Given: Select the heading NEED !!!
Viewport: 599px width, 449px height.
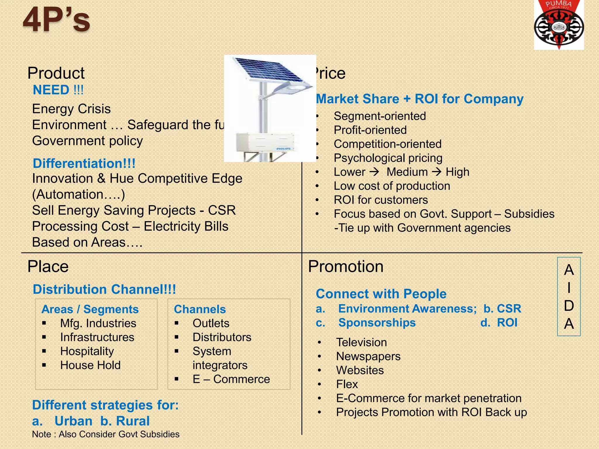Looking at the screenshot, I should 58,90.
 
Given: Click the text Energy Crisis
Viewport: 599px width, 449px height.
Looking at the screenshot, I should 71,109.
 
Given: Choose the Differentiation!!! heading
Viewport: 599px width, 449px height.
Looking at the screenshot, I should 84,163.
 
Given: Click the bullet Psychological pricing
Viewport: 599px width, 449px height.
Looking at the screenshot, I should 388,158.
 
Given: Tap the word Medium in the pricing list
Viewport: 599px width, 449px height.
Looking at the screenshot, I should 407,172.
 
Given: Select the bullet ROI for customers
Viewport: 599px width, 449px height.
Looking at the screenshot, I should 381,200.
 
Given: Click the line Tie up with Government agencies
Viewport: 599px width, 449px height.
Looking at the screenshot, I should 422,228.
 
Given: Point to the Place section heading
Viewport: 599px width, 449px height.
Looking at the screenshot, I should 48,266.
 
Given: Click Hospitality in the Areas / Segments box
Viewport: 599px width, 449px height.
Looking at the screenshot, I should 87,351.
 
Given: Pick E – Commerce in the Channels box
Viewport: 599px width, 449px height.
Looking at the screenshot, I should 231,379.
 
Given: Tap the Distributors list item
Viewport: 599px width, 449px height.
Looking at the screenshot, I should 222,337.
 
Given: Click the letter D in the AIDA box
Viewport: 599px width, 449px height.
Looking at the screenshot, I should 569,306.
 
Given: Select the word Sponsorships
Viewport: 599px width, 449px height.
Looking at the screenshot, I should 377,323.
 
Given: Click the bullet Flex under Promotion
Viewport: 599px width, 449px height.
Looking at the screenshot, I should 347,384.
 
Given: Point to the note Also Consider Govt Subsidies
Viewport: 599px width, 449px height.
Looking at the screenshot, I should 106,434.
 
